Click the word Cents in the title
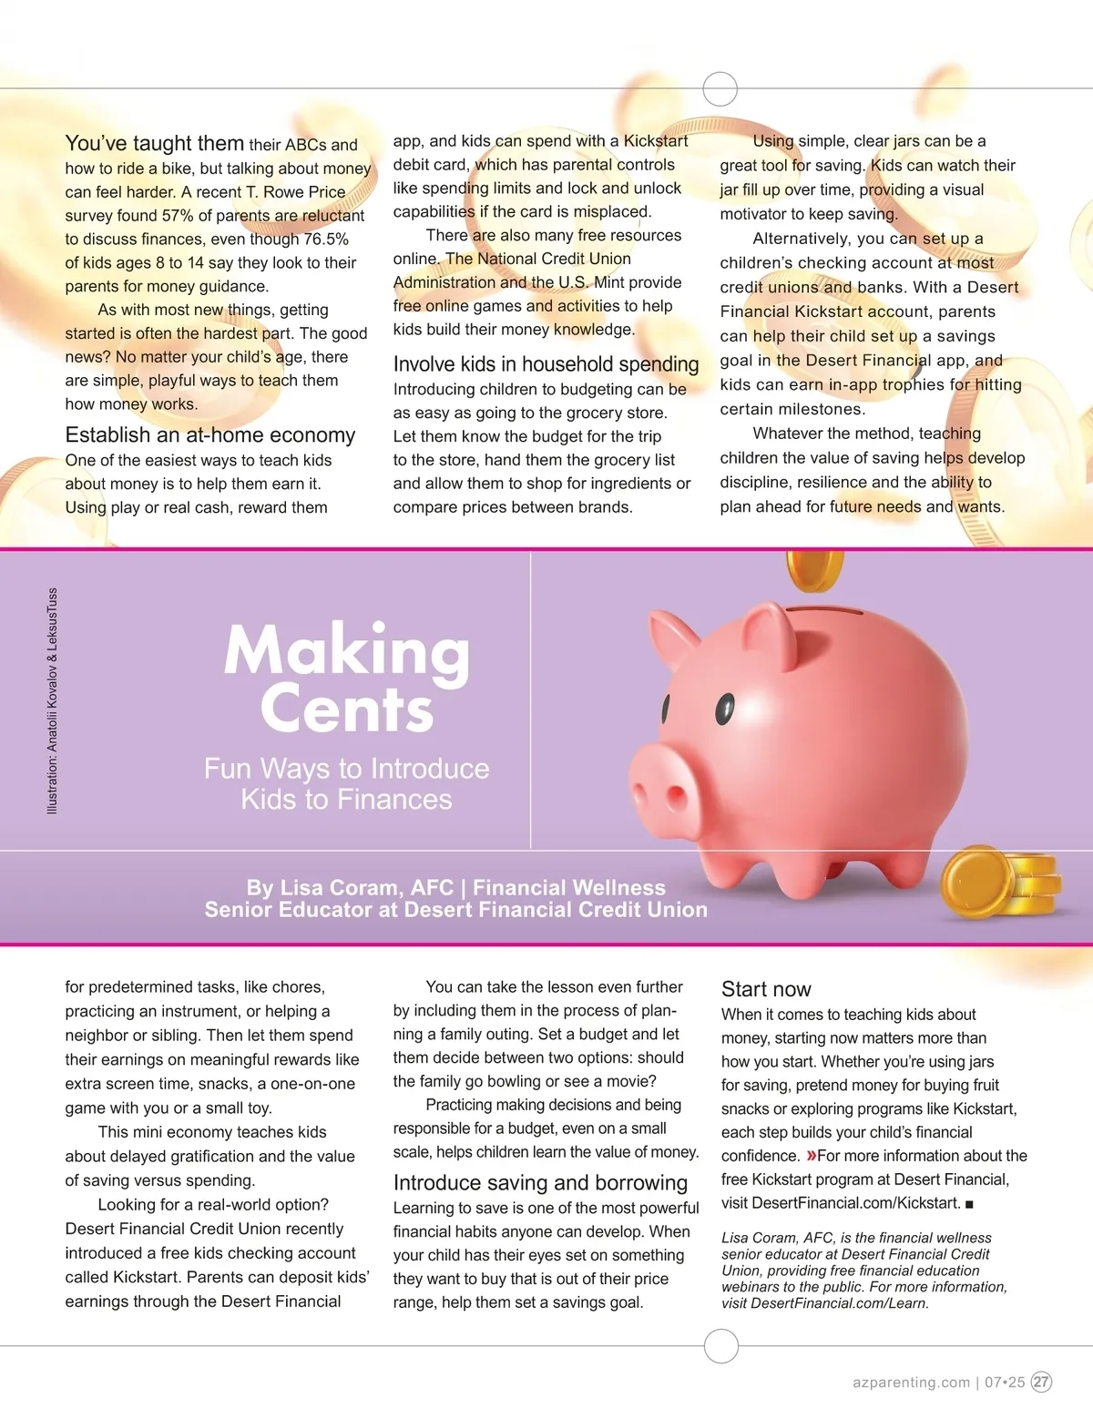[346, 709]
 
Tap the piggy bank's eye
[724, 706]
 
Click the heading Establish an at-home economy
[209, 435]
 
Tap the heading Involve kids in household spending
[546, 364]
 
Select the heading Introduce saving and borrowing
[540, 1183]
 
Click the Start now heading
[766, 989]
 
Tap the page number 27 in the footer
[1041, 1382]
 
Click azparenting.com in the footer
[911, 1382]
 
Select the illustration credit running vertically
[52, 700]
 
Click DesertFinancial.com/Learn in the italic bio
[838, 1303]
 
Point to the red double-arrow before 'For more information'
[810, 1156]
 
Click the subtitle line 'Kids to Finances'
[346, 800]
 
